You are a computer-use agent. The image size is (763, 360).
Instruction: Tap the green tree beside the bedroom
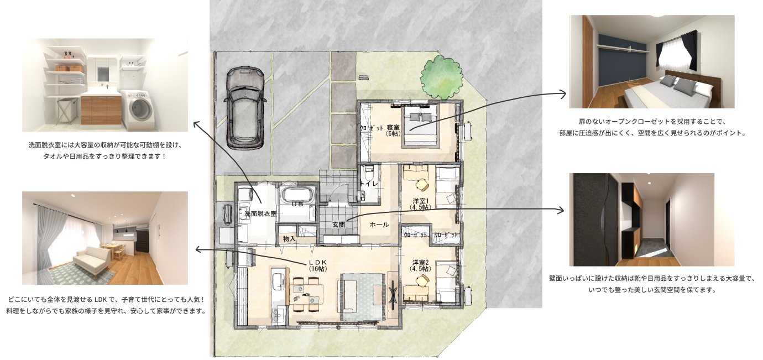pos(442,79)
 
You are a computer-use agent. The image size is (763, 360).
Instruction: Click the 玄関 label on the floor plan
pos(338,225)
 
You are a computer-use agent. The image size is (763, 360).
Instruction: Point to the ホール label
pos(379,225)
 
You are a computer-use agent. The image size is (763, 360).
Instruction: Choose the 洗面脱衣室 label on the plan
pos(260,214)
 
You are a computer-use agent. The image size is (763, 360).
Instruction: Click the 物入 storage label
pos(289,239)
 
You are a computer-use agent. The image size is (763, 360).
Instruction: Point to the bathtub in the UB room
pos(297,195)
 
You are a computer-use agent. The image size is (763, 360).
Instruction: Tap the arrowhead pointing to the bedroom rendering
pos(562,94)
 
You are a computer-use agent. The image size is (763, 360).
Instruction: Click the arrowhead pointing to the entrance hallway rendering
pos(560,211)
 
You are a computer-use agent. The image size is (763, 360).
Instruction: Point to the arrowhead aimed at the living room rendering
pos(198,251)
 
